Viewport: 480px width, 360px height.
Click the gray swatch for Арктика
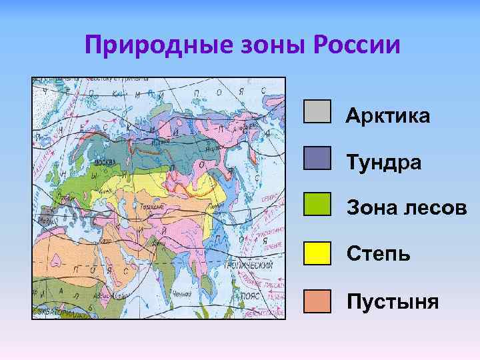click(317, 112)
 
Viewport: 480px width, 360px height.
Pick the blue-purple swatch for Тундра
click(317, 158)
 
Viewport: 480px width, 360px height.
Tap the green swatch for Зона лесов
click(317, 204)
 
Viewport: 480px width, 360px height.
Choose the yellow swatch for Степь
click(317, 253)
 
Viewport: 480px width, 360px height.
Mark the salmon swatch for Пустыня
click(317, 301)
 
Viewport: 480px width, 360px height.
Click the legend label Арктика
click(387, 117)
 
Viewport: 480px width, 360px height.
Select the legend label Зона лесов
click(406, 208)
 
